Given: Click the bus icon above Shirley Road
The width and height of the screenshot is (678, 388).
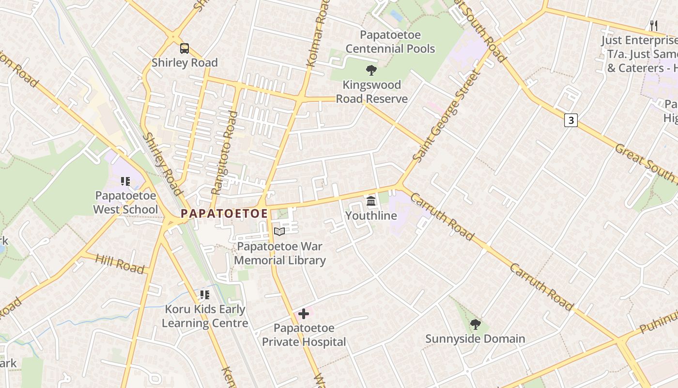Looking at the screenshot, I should coord(185,48).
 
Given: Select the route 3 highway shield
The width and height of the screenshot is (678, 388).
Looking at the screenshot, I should coord(571,120).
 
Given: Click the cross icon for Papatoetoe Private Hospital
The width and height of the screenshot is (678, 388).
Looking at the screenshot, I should coord(304,314).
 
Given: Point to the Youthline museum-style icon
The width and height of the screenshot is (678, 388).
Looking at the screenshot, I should coord(371,201).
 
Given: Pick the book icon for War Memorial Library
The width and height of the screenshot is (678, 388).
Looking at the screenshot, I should coord(279,232).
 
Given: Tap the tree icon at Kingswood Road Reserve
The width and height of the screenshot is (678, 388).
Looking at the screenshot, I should coord(371,70).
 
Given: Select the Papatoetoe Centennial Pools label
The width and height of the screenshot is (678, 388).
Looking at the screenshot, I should coord(390,42).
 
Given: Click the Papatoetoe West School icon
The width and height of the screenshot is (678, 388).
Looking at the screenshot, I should coord(125,181).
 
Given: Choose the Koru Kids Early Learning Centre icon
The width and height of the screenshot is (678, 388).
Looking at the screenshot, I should coord(205,294).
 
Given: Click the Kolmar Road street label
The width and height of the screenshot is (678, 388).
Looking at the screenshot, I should coord(318,34).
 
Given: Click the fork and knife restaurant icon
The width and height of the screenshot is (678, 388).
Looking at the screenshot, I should coord(653,25).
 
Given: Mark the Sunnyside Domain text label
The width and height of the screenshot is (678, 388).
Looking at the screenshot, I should coord(475,339).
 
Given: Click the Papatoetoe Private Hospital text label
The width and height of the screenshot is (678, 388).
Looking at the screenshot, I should coord(304,335).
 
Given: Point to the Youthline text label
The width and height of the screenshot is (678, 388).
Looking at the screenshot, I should coord(371,216).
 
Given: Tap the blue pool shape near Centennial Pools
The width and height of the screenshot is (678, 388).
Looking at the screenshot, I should coord(396,16).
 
